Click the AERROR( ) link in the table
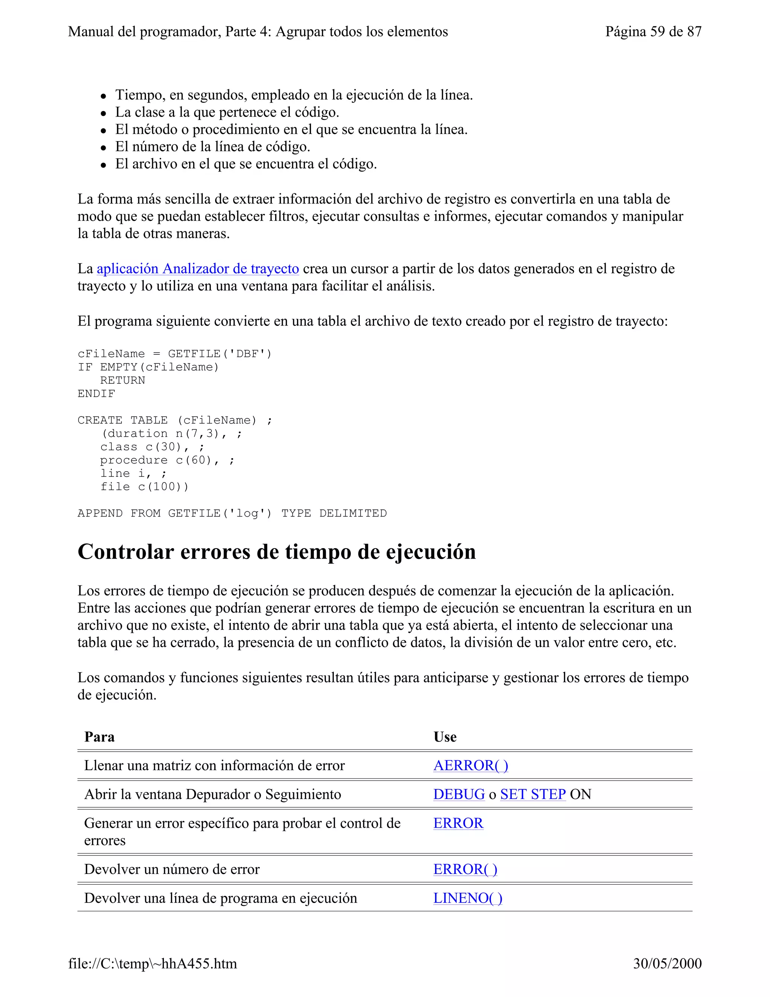[x=470, y=766]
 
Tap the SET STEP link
[x=532, y=794]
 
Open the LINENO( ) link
[x=468, y=898]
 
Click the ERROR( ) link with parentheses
[x=465, y=869]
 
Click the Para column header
[x=99, y=737]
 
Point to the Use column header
[x=445, y=737]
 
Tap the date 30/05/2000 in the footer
[x=667, y=963]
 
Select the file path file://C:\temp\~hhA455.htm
[x=152, y=963]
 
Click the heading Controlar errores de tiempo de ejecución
[x=276, y=552]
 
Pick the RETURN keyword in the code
[x=122, y=380]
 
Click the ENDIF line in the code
[x=96, y=394]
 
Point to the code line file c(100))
[x=144, y=486]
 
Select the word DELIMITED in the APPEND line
[x=353, y=513]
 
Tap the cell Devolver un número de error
[x=171, y=869]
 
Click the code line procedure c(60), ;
[x=167, y=460]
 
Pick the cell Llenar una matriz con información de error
[x=214, y=766]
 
